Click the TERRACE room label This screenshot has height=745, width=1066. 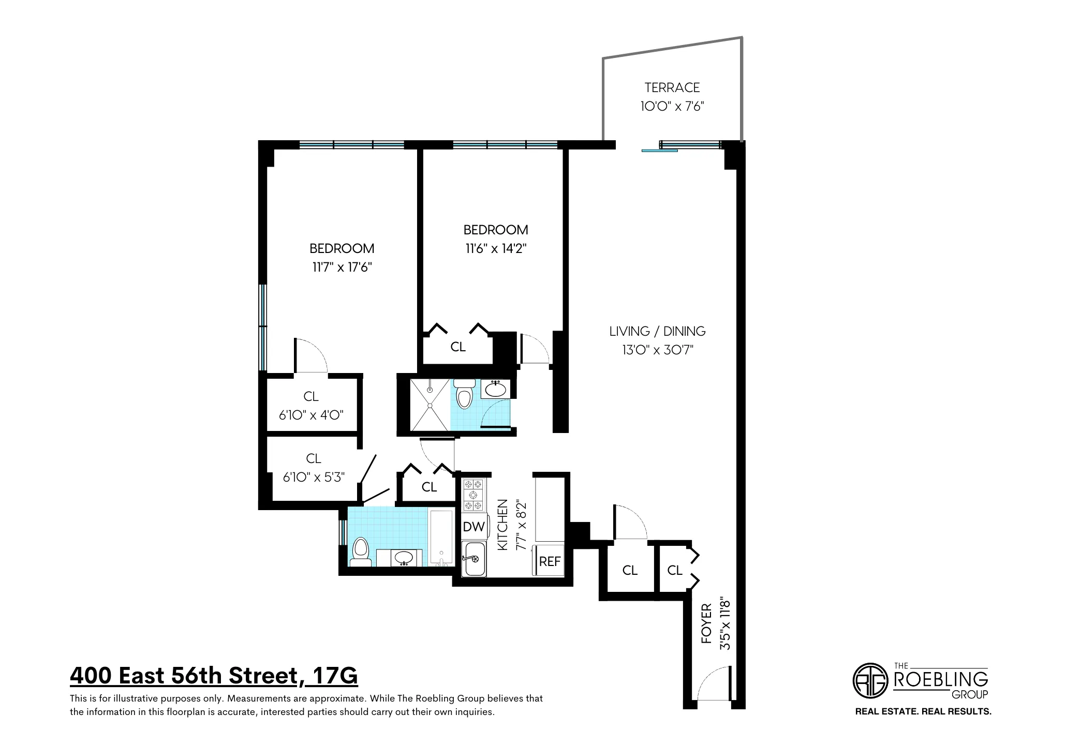click(x=672, y=87)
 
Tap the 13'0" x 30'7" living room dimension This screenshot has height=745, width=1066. click(x=657, y=350)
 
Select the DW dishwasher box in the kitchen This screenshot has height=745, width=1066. click(x=473, y=527)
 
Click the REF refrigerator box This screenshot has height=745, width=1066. click(x=550, y=561)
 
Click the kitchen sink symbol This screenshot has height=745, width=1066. click(x=474, y=559)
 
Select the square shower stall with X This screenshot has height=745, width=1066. click(x=430, y=405)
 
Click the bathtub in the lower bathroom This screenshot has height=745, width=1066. click(x=441, y=538)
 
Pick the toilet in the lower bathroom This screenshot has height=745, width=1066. click(x=360, y=552)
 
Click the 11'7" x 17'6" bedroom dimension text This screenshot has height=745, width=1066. click(x=342, y=267)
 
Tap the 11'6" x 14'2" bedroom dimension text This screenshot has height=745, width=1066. click(x=495, y=249)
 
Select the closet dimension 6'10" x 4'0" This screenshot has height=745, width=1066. click(x=311, y=415)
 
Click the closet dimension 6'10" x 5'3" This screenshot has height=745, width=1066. click(x=314, y=477)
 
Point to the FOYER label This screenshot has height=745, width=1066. click(x=707, y=624)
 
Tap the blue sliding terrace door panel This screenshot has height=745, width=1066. click(x=659, y=151)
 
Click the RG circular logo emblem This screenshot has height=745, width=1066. click(x=870, y=680)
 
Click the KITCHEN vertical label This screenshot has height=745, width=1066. click(x=502, y=525)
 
